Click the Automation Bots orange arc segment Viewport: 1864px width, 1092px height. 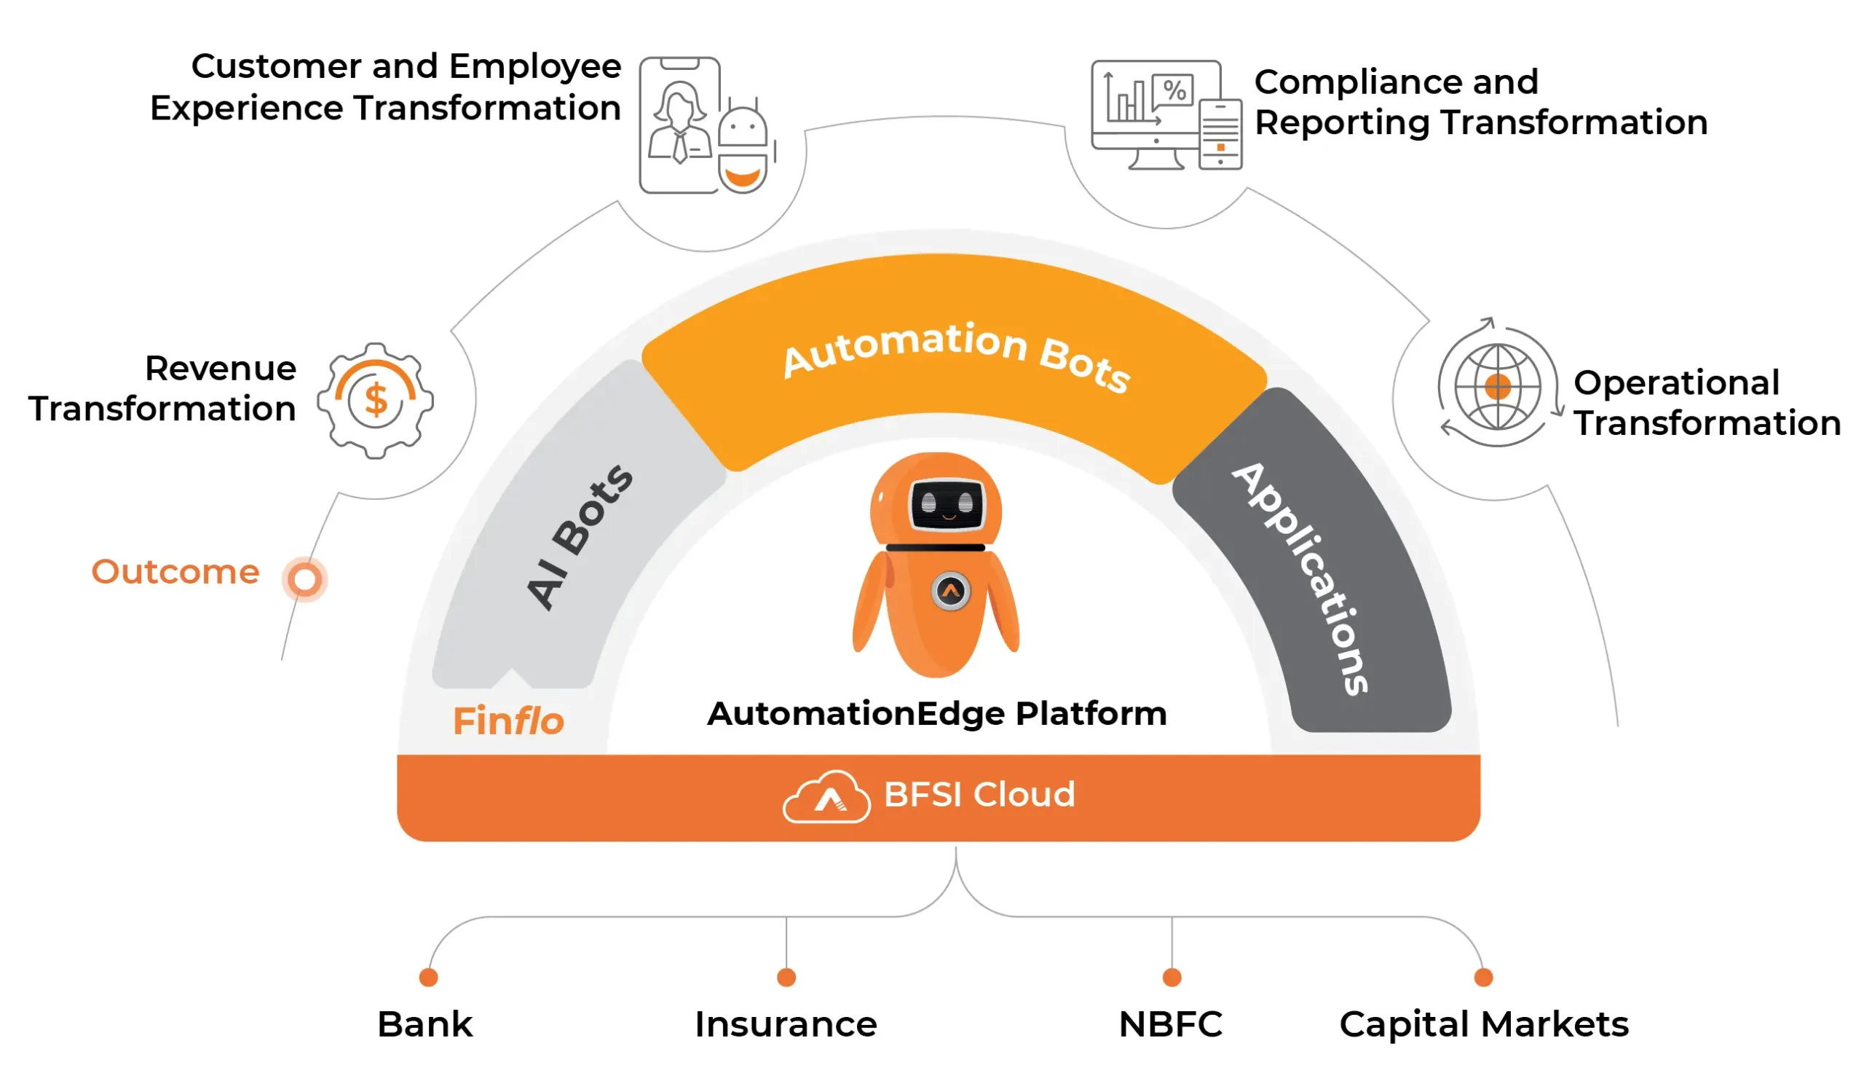[954, 355]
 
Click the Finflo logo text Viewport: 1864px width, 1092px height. [508, 721]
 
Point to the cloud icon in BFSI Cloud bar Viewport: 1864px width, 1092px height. [826, 797]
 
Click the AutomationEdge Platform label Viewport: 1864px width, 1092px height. [936, 713]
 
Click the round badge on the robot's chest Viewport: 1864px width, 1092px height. [950, 591]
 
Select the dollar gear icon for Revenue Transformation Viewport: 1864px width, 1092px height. [376, 400]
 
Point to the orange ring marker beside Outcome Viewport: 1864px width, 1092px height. [305, 578]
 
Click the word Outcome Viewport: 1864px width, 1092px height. [175, 572]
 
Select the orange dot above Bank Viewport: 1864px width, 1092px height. [428, 978]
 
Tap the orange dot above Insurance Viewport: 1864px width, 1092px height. [786, 978]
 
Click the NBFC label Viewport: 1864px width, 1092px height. [1170, 1025]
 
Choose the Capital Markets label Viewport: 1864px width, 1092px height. [1483, 1025]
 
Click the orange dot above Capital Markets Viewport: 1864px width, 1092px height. [1483, 978]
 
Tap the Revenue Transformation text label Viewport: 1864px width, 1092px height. [162, 388]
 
